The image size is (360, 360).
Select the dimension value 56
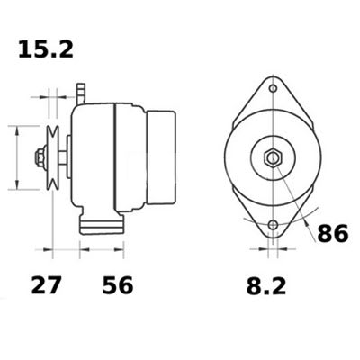(116, 286)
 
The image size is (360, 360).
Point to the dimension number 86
(332, 233)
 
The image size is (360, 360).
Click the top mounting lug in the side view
(80, 91)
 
